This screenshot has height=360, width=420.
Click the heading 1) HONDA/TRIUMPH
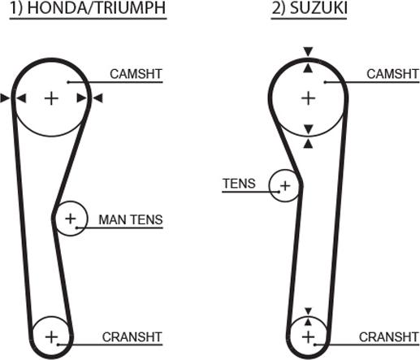tap(88, 8)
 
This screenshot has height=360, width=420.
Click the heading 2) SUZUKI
tap(310, 8)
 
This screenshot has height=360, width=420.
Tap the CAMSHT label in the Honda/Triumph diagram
tap(136, 74)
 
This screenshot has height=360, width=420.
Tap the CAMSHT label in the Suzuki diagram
tap(392, 74)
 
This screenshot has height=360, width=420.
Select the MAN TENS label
tap(131, 219)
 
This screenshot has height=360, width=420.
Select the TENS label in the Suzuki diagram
tap(239, 184)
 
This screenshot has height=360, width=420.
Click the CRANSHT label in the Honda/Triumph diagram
tap(132, 337)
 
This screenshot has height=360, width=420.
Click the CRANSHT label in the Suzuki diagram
tap(389, 337)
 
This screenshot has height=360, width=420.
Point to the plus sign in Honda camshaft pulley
tap(51, 98)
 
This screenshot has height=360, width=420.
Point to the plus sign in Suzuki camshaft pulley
tap(308, 98)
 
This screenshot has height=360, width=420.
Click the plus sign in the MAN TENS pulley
tap(71, 219)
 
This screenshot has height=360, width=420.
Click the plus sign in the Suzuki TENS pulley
tap(285, 186)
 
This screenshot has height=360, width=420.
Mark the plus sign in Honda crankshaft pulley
tap(51, 337)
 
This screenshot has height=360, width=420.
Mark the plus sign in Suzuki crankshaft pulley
tap(308, 337)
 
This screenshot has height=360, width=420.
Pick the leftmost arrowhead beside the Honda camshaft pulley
tap(5, 98)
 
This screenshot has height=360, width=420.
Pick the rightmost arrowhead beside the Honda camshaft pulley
tap(97, 98)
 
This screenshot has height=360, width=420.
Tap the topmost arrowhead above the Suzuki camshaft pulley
tap(308, 51)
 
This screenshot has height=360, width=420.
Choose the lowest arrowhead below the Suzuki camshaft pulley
tap(308, 144)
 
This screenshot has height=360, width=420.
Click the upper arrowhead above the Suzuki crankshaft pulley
tap(308, 311)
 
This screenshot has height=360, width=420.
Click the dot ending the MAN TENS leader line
tap(76, 228)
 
